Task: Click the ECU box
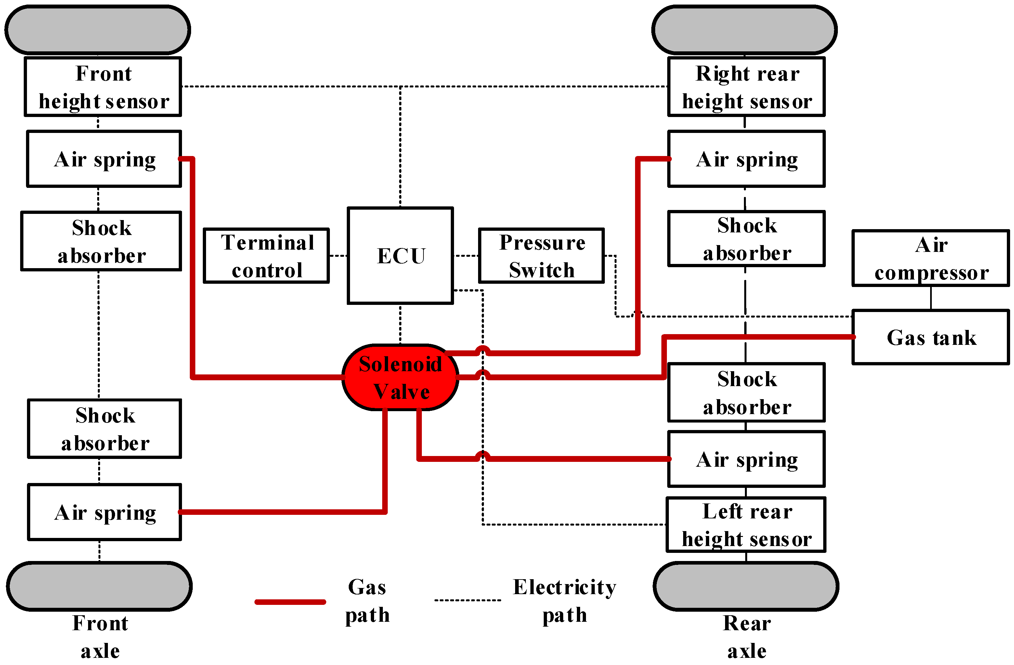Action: (400, 255)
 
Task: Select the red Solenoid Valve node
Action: (400, 377)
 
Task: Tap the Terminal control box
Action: (266, 255)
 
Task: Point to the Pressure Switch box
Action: (541, 255)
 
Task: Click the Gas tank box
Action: (930, 337)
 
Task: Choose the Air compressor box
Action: (930, 258)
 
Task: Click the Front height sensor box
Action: (103, 87)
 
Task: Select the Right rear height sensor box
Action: (747, 87)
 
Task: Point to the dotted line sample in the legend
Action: (467, 600)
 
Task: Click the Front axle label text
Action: (100, 636)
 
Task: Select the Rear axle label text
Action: (747, 636)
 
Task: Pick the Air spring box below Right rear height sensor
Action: (747, 159)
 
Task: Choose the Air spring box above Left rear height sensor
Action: (747, 459)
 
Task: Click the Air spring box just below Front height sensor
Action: (104, 159)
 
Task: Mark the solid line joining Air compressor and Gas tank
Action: (931, 298)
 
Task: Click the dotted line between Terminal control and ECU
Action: (338, 255)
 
